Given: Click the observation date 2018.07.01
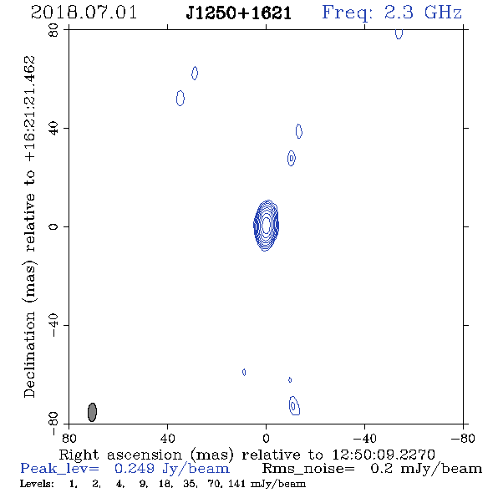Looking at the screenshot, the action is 84,13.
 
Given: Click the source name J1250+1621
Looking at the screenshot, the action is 239,13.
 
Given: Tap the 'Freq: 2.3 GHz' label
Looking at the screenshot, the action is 392,13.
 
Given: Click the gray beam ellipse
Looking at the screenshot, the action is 92,412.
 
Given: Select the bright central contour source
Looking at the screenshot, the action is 266,226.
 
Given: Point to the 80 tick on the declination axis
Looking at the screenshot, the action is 53,30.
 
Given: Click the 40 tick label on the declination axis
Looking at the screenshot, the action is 53,129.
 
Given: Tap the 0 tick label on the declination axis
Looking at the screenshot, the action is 53,226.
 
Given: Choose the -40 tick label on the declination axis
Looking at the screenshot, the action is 53,325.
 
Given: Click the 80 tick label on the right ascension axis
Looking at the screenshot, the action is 69,438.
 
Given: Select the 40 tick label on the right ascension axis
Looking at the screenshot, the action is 168,438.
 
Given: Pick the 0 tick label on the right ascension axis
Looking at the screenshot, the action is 266,438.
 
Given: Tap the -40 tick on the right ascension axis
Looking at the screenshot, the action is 364,438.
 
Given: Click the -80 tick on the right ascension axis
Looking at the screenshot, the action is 463,438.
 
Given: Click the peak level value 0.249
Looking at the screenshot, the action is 135,469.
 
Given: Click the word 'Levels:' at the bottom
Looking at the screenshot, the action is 37,484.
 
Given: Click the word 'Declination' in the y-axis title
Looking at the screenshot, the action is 29,354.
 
